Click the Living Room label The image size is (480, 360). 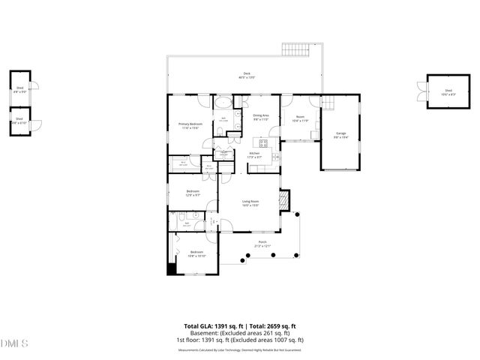tap(250, 202)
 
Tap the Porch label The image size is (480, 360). tap(262, 243)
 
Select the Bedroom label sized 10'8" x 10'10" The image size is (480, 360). tap(196, 253)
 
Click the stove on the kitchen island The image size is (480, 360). tap(263, 142)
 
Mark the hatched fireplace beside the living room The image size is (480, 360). tap(283, 200)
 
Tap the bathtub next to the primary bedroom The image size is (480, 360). tap(225, 104)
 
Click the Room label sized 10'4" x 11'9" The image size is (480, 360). tap(300, 118)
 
